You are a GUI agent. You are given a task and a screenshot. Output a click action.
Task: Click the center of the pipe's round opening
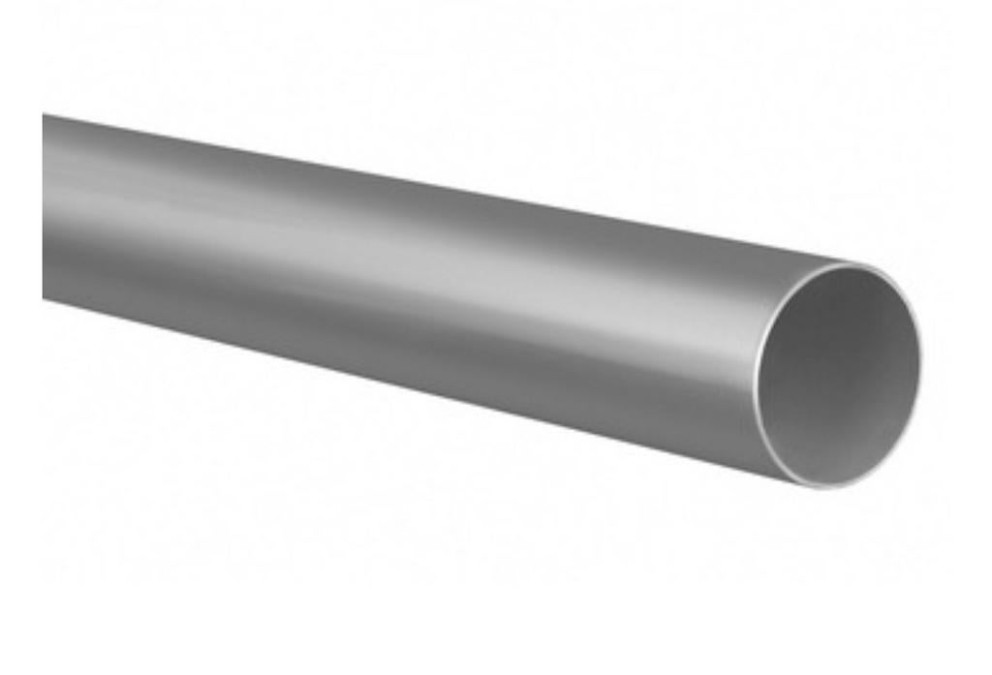point(839,375)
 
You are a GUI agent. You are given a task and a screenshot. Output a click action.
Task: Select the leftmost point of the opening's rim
point(757,368)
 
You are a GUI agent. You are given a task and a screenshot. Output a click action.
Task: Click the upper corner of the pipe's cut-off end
point(44,114)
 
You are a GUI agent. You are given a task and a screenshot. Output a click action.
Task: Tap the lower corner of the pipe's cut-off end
point(44,298)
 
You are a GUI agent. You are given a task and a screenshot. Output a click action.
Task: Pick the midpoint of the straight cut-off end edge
point(44,206)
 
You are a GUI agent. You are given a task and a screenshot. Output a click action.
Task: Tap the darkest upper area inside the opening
point(833,310)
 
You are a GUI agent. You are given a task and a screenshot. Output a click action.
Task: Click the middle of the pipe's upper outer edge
point(436,187)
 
